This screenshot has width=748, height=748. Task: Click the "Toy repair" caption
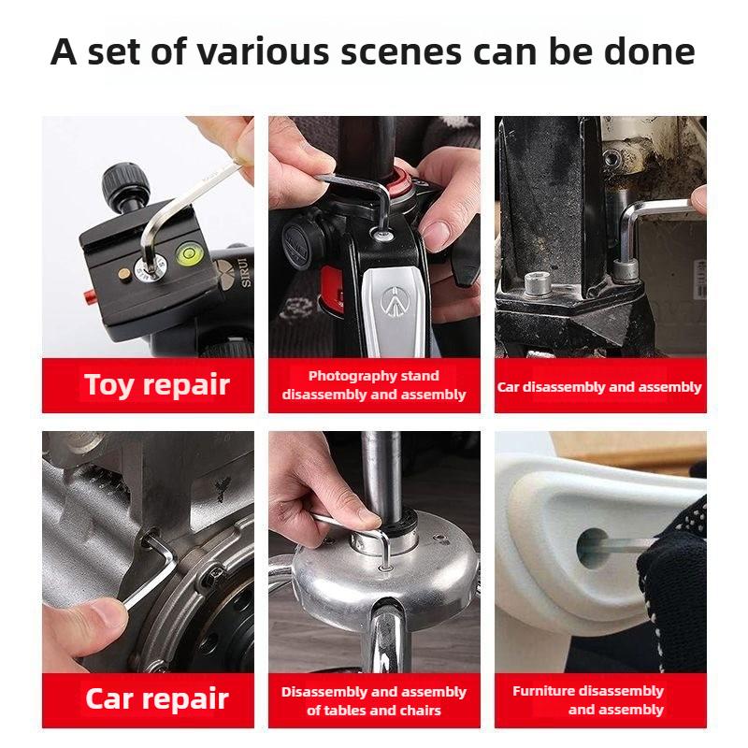(156, 384)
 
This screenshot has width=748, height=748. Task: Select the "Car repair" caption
(156, 698)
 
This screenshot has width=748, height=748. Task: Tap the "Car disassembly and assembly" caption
(599, 386)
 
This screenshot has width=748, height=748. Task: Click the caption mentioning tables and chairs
(373, 700)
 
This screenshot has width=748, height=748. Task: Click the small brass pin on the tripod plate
(123, 273)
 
